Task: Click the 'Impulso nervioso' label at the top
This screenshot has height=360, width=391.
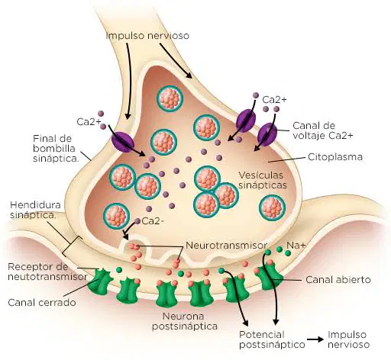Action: tap(147, 36)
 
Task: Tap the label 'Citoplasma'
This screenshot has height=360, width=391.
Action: tap(335, 156)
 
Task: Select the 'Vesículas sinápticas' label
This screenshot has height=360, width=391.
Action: tap(263, 180)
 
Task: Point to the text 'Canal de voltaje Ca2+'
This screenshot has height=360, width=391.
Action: tap(323, 130)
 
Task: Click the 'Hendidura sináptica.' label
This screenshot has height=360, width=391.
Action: tap(35, 210)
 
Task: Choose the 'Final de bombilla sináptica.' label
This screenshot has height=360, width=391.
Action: tap(56, 148)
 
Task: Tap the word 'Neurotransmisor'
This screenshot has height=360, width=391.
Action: tap(226, 246)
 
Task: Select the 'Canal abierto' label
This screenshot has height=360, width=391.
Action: tap(338, 280)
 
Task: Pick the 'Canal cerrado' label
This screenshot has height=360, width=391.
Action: tap(42, 303)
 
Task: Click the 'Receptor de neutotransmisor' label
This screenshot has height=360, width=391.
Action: tap(47, 272)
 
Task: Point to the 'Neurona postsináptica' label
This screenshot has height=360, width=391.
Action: tap(185, 321)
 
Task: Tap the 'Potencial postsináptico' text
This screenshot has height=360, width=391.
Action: tap(272, 339)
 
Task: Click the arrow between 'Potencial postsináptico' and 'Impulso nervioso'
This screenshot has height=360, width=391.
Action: tap(315, 339)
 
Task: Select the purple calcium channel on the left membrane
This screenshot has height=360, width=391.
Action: tap(123, 142)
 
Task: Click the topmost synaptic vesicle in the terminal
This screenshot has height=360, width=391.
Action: tap(170, 98)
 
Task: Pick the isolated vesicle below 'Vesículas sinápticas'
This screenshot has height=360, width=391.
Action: tap(272, 207)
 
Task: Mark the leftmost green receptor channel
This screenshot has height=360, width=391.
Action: tap(100, 281)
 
